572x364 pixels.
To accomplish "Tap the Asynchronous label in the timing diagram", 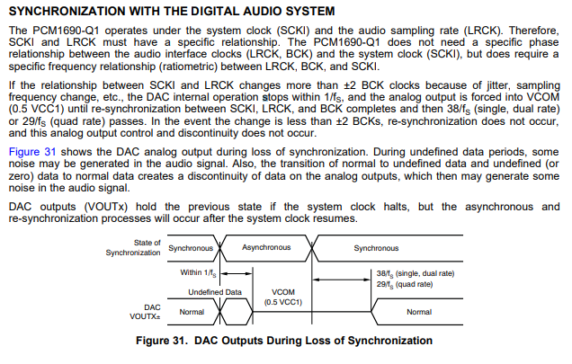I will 267,247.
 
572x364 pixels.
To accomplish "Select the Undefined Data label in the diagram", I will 215,292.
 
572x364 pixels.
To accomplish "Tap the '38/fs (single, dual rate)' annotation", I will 416,271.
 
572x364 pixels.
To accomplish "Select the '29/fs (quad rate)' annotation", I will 405,283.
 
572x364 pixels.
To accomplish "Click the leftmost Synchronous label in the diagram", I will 191,247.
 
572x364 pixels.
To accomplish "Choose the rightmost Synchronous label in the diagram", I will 376,247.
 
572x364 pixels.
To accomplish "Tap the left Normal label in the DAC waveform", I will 192,312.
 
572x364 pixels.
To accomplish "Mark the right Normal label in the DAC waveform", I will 419,312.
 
